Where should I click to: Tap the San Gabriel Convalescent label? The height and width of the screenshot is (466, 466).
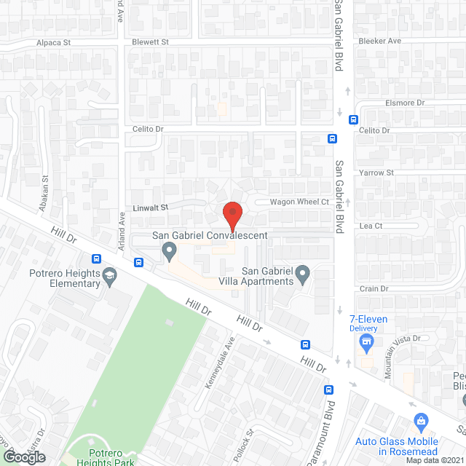tap(210, 235)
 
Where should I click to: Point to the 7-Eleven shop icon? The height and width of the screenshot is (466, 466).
tap(367, 341)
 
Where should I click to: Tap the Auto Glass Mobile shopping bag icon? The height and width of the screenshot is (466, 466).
tap(420, 421)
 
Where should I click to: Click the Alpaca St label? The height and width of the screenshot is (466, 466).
tap(53, 43)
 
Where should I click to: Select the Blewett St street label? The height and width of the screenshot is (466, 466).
tap(150, 42)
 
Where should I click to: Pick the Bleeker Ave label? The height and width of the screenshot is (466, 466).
tap(380, 42)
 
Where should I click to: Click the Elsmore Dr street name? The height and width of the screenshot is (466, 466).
tap(405, 103)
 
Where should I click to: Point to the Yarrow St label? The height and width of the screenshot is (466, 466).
tap(376, 173)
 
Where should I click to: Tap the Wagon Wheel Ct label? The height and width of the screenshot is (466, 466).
tap(300, 202)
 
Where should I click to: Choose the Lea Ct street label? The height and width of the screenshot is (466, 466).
tap(371, 226)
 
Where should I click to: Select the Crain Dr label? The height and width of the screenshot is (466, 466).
tap(374, 289)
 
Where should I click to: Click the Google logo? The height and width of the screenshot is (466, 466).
tap(25, 457)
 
